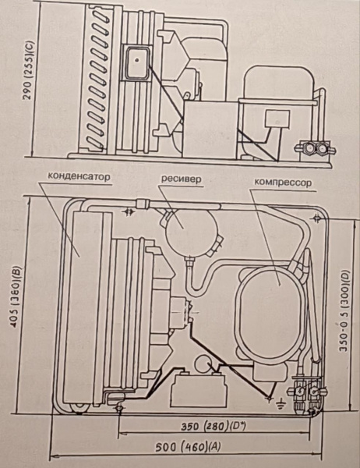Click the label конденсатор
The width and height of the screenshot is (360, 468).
click(79, 177)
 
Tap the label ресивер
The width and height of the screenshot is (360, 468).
click(181, 179)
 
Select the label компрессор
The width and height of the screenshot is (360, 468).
click(283, 182)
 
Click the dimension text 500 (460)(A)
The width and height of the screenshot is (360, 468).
click(188, 447)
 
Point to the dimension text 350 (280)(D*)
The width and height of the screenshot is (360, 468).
click(213, 427)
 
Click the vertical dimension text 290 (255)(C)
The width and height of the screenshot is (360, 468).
click(30, 70)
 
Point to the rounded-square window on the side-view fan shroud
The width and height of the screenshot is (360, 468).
click(137, 62)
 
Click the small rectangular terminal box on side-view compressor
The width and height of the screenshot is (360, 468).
click(277, 119)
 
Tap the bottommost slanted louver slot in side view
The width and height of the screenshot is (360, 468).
click(95, 143)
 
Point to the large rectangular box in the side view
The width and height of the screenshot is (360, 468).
click(210, 129)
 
